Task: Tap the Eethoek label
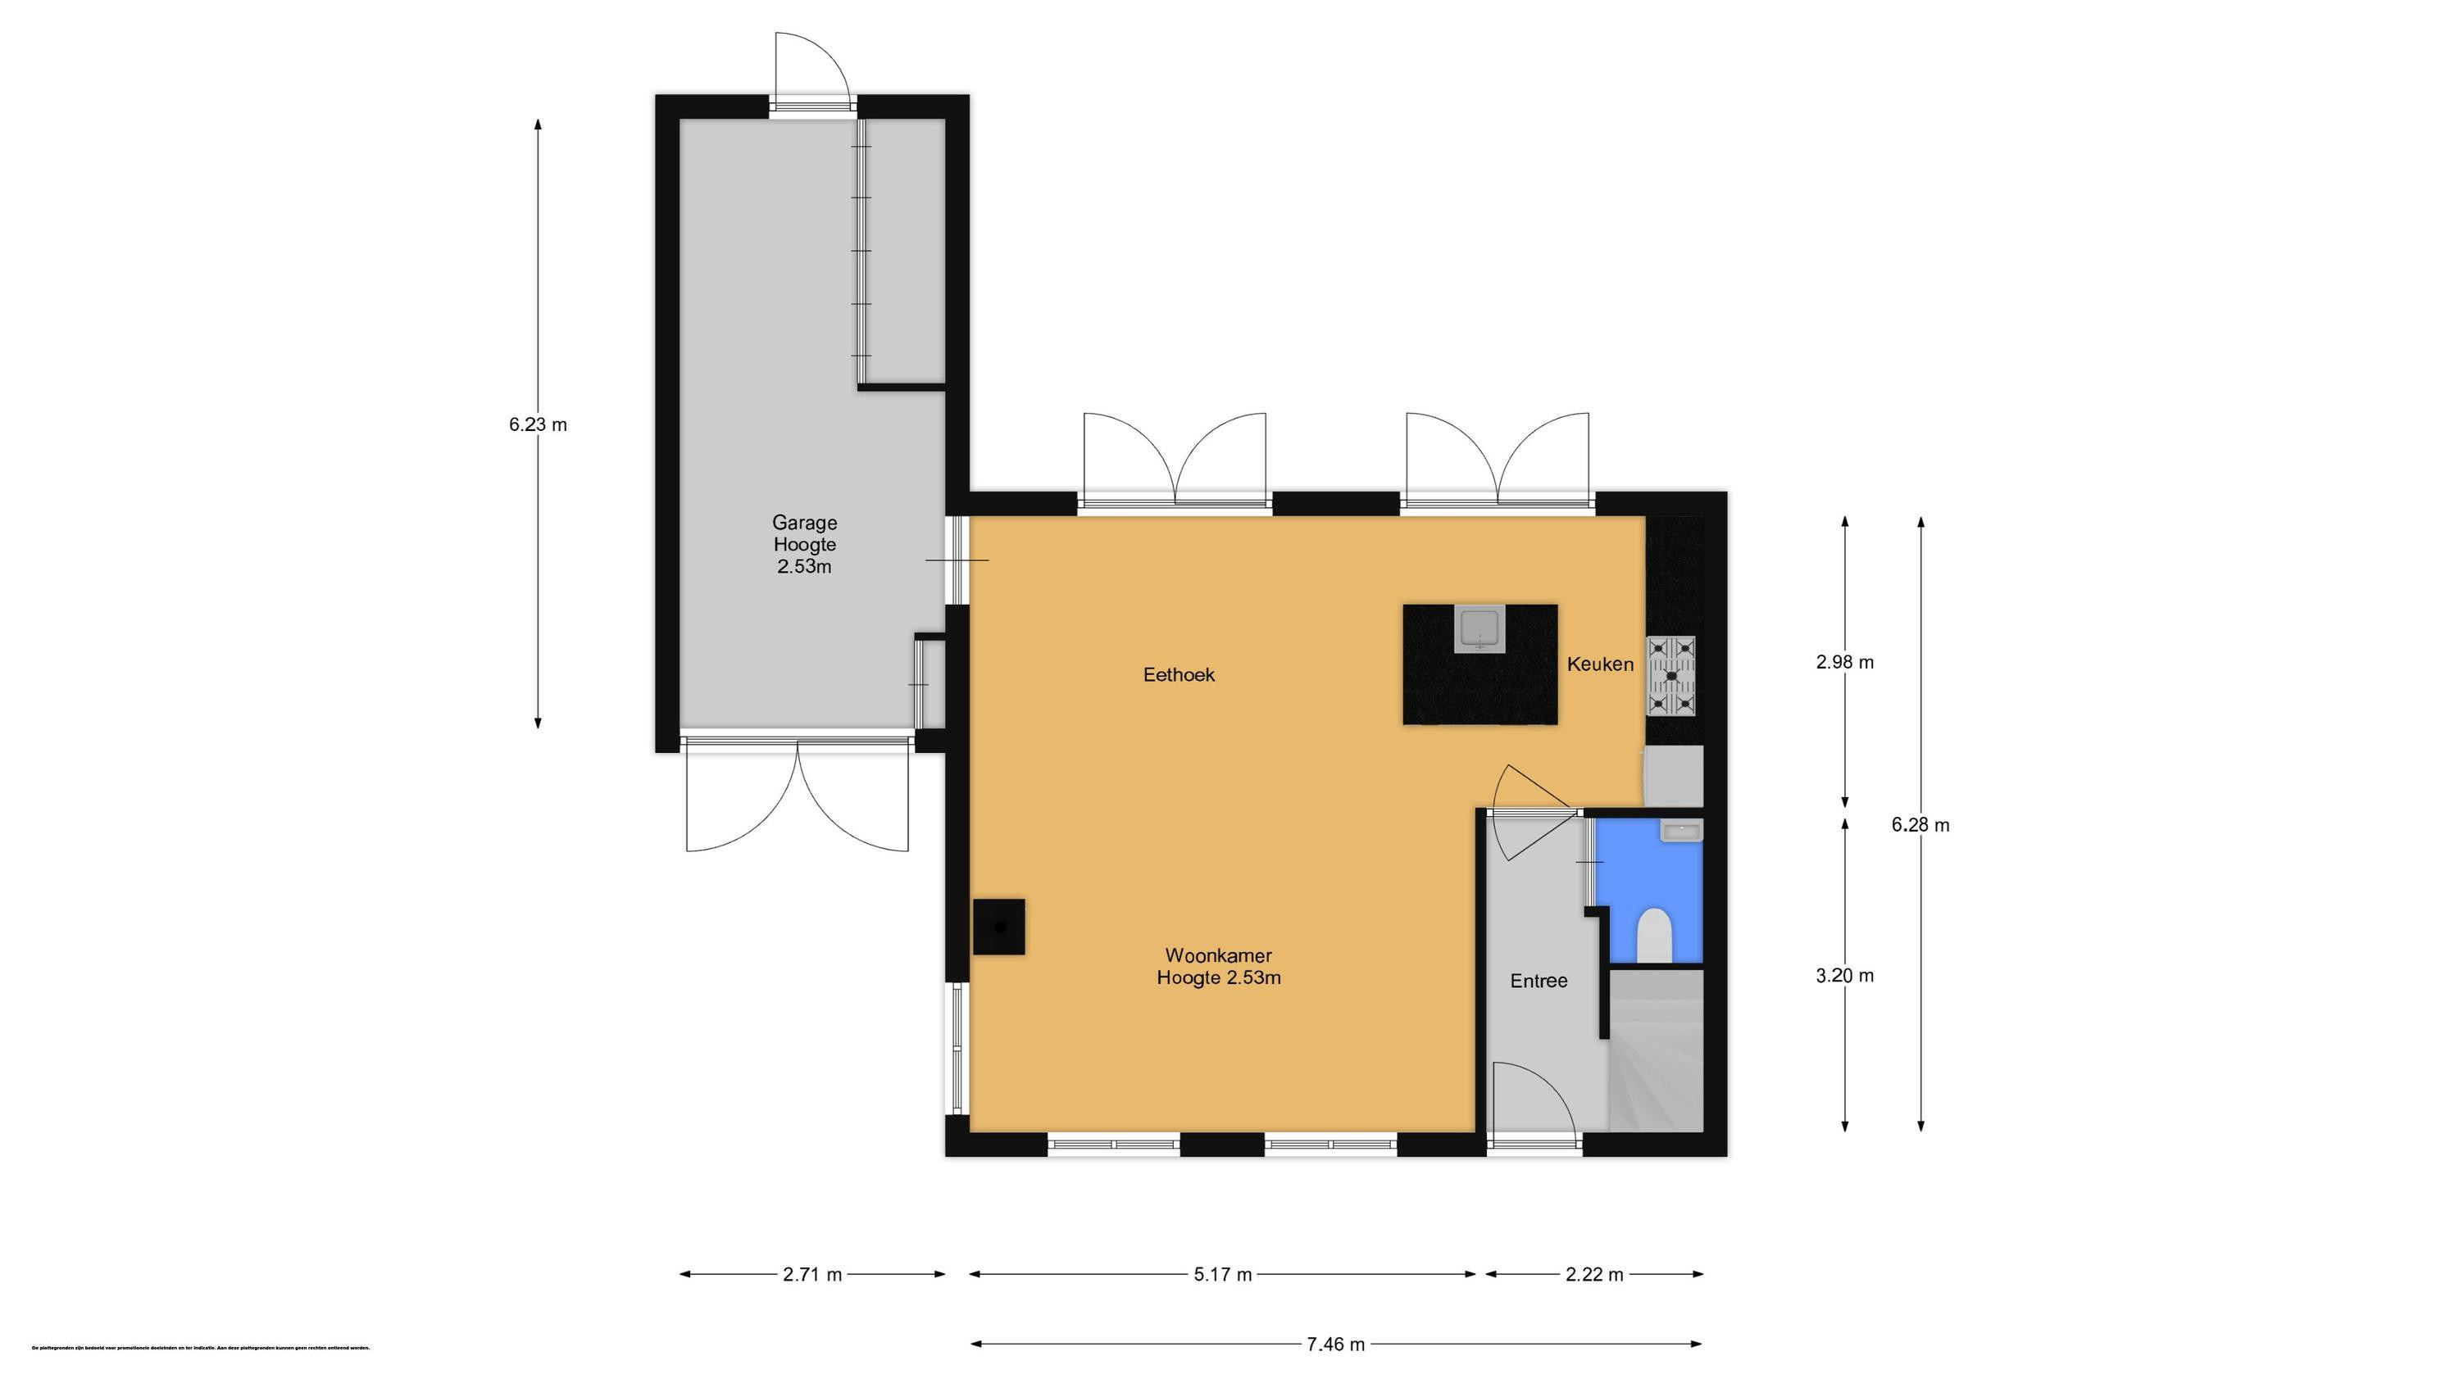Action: (x=1178, y=675)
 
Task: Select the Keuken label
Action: (x=1600, y=664)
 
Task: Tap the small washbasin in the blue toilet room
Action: (x=1680, y=832)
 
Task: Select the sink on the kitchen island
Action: (x=1479, y=629)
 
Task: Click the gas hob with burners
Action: (x=1670, y=676)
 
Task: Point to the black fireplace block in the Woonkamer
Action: (x=998, y=926)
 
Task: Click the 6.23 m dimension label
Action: (x=538, y=424)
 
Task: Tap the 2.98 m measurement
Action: (x=1844, y=662)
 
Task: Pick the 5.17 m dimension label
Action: (x=1222, y=1274)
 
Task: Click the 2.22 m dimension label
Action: (x=1594, y=1274)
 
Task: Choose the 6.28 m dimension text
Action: (x=1920, y=825)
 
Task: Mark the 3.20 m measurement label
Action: (x=1844, y=976)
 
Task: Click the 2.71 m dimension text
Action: (x=812, y=1274)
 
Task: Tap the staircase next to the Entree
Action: (x=1657, y=1050)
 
